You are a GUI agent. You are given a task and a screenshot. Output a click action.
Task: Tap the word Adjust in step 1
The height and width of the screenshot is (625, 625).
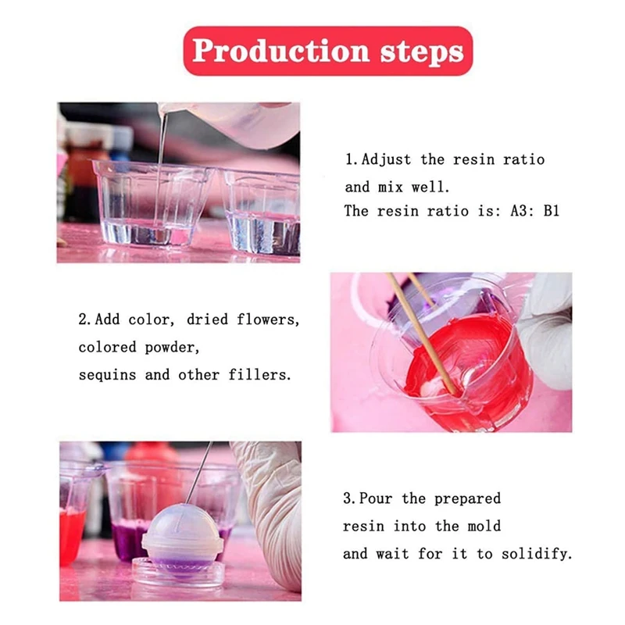click(388, 159)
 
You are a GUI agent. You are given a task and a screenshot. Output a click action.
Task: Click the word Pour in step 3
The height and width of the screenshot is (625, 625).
click(380, 498)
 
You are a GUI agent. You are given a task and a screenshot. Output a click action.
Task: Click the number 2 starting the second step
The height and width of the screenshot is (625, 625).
click(83, 320)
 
